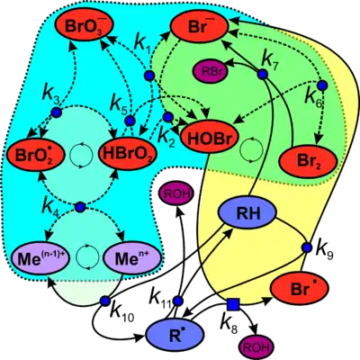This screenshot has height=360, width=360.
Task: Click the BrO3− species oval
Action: (x=84, y=26)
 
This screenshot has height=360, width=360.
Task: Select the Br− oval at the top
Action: (x=200, y=26)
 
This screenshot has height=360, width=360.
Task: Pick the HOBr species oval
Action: (x=210, y=138)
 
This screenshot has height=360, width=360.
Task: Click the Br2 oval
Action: (x=309, y=161)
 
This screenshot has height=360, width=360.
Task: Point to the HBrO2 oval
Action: (x=128, y=153)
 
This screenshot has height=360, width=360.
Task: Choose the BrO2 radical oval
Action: (x=34, y=155)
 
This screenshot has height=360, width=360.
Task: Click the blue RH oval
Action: (x=247, y=212)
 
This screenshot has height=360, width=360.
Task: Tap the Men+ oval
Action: (x=132, y=259)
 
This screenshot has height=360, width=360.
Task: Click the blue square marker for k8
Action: (x=233, y=304)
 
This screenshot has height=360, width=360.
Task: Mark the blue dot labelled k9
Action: (x=307, y=247)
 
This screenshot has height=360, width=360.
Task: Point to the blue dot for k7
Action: (x=263, y=74)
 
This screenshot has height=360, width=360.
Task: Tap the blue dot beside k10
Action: (x=105, y=301)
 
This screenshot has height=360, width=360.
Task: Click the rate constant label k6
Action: (x=314, y=96)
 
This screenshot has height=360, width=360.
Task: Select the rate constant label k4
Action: (x=51, y=205)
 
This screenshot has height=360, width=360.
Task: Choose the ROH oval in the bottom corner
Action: (x=256, y=346)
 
